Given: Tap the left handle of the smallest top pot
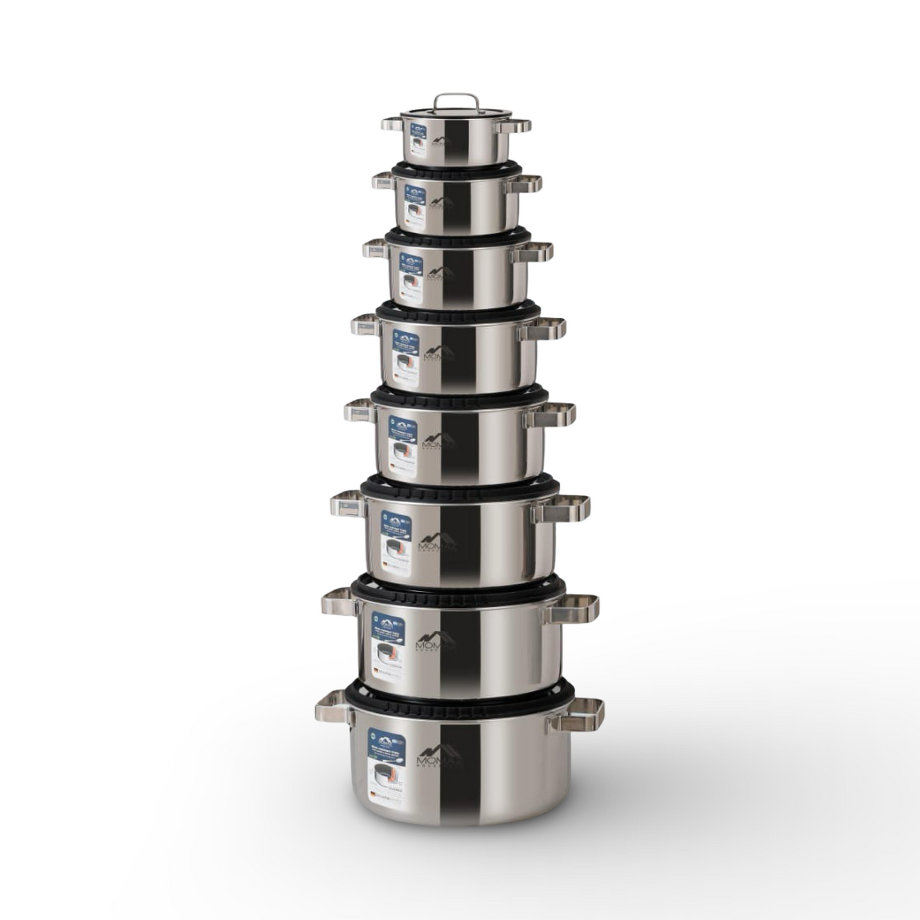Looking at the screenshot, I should click(x=392, y=124).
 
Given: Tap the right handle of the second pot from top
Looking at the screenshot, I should click(x=525, y=184).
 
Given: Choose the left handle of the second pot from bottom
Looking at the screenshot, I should click(x=339, y=602).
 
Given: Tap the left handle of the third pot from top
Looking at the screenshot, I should click(x=376, y=249).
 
